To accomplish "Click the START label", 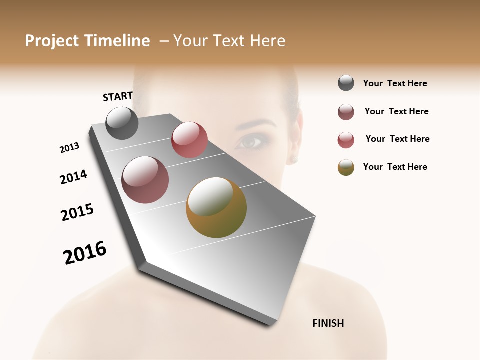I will click(x=118, y=96).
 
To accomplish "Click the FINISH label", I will click(x=328, y=323).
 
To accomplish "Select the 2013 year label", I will click(x=69, y=148).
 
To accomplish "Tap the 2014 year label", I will click(x=73, y=177).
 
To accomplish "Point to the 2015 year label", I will click(x=77, y=212).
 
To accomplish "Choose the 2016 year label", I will click(x=85, y=253).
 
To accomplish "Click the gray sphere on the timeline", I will click(x=122, y=123).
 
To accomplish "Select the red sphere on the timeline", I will click(x=189, y=140).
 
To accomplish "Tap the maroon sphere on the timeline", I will click(x=145, y=179).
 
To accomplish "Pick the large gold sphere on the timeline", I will click(x=216, y=207).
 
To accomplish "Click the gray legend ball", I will click(x=346, y=83).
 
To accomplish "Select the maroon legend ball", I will click(x=346, y=112).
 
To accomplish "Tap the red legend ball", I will click(x=346, y=140).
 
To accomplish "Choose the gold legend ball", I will click(x=346, y=167).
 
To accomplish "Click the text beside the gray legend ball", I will click(x=395, y=83).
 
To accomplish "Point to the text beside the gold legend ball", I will click(x=395, y=167).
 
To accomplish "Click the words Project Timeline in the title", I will click(x=87, y=41).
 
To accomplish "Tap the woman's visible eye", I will click(x=250, y=143).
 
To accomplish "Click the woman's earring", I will click(x=293, y=159).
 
